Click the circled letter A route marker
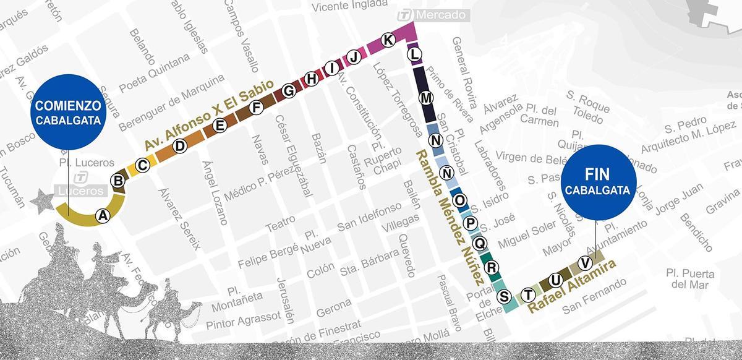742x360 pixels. (103, 215)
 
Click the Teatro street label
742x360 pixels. (281, 223)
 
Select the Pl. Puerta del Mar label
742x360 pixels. (690, 278)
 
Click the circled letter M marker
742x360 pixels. (426, 98)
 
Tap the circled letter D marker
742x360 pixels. (179, 146)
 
